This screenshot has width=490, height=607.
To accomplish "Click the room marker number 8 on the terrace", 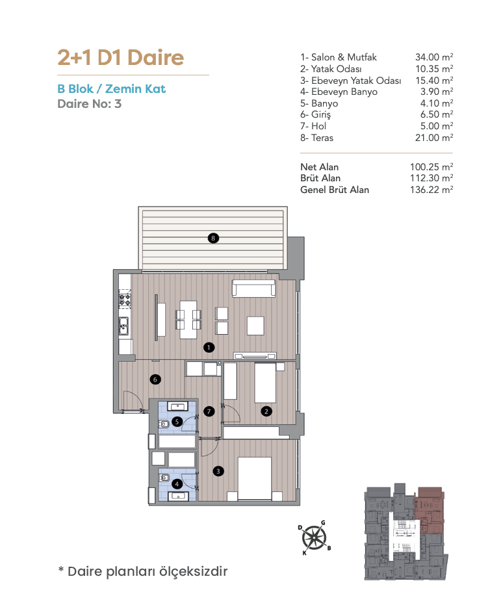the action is [x=213, y=238].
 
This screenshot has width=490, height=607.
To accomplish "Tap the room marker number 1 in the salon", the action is [x=209, y=347].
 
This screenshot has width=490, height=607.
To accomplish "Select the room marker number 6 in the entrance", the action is [x=155, y=380].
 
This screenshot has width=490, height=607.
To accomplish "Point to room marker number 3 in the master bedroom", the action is [x=218, y=471].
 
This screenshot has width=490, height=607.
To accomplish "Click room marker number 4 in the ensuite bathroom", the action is [x=177, y=484].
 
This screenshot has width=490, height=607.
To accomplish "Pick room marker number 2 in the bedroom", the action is [x=266, y=411].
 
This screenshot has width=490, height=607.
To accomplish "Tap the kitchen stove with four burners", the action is [x=125, y=300].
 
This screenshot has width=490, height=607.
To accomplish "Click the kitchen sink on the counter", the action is [x=124, y=326].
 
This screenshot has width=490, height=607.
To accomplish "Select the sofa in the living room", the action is [x=254, y=288].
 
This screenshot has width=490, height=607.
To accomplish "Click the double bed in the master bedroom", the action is [x=254, y=479].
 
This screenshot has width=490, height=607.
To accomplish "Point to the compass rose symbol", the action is [x=315, y=537].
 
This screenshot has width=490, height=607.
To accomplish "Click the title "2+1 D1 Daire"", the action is [x=121, y=57].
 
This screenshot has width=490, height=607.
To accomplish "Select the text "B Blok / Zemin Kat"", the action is [x=112, y=88].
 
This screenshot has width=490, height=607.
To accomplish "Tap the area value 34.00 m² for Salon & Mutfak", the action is [x=434, y=57].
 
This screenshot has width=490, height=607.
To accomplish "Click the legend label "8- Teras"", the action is [x=316, y=137].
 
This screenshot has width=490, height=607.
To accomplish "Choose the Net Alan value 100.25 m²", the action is [x=432, y=167].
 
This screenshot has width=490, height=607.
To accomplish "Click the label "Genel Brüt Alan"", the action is [x=335, y=190].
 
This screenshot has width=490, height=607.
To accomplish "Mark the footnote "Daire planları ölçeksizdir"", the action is [x=148, y=571].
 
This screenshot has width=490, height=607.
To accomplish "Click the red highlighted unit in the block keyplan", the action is [x=430, y=510].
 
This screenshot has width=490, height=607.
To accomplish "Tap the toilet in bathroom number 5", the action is [x=164, y=424].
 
